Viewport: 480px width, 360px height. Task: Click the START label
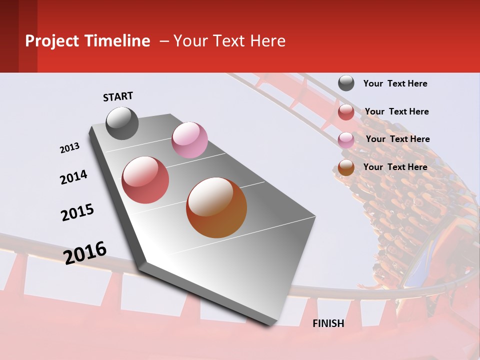118,96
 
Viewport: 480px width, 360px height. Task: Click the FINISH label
328,323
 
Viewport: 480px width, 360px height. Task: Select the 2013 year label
69,148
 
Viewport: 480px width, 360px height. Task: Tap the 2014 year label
73,177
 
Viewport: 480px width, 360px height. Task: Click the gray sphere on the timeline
122,123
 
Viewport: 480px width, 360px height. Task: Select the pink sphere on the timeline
189,140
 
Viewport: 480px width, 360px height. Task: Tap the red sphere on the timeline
145,180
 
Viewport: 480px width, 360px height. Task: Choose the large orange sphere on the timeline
216,207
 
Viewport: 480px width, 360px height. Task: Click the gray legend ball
346,83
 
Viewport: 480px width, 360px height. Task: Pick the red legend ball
346,112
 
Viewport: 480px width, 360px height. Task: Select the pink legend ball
346,140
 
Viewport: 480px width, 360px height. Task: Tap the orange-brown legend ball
346,168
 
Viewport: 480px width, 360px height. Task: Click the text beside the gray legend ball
395,83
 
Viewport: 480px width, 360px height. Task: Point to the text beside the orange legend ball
395,167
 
